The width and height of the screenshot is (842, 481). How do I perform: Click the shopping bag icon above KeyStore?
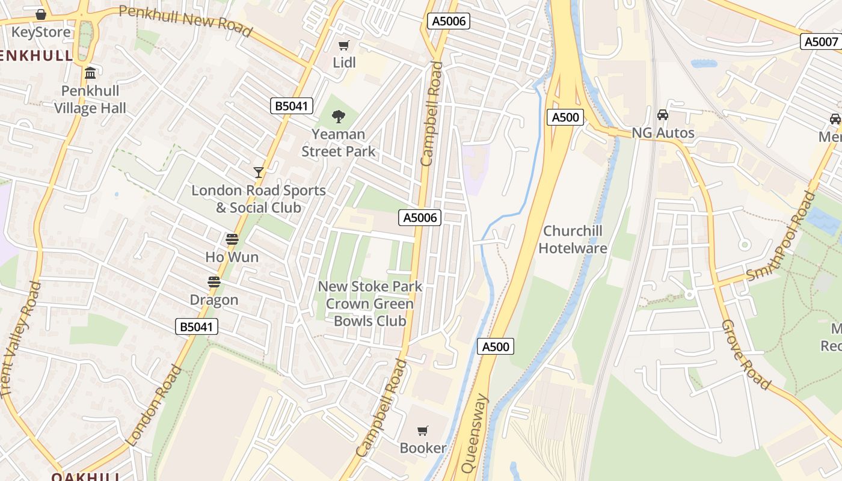41,14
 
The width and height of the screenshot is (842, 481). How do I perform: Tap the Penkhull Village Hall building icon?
90,73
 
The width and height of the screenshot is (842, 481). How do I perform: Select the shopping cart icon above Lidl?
344,46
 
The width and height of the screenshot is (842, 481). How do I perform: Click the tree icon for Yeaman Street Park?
339,116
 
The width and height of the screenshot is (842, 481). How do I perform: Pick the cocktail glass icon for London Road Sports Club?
259,173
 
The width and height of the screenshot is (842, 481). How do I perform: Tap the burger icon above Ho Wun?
232,239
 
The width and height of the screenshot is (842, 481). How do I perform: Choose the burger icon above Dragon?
214,282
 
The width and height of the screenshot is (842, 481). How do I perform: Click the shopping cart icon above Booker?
423,430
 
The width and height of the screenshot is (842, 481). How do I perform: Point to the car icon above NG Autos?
663,115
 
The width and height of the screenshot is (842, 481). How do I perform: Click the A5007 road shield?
821,41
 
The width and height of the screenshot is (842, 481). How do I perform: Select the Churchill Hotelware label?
573,239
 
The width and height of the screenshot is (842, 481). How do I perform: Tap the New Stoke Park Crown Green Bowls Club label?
370,304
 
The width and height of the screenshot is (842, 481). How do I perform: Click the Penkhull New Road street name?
185,20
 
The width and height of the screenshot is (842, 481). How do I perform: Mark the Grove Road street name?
746,355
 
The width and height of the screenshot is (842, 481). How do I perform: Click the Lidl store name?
345,63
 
